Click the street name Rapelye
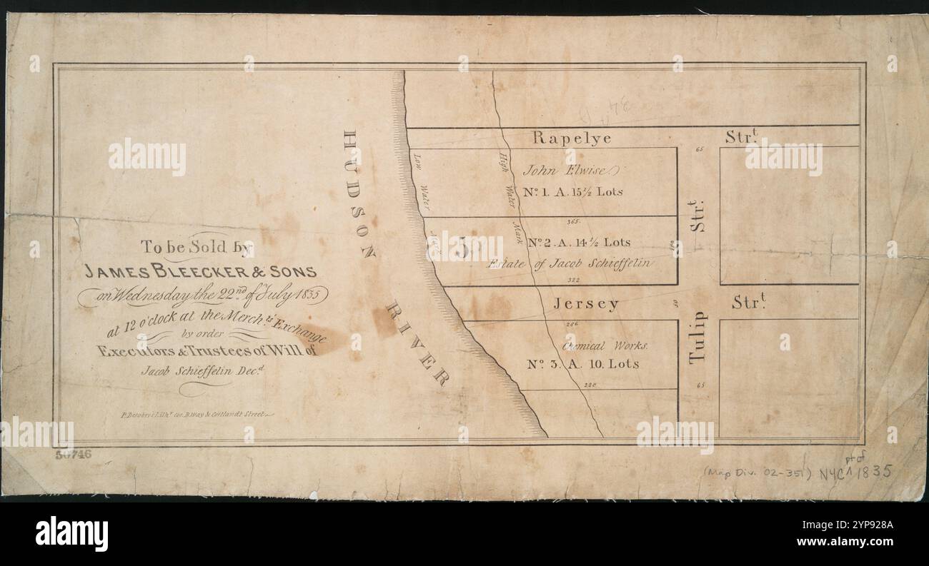click(572, 138)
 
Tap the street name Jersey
click(585, 304)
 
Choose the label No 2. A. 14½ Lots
click(578, 243)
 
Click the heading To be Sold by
click(197, 248)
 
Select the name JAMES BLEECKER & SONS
click(201, 272)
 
